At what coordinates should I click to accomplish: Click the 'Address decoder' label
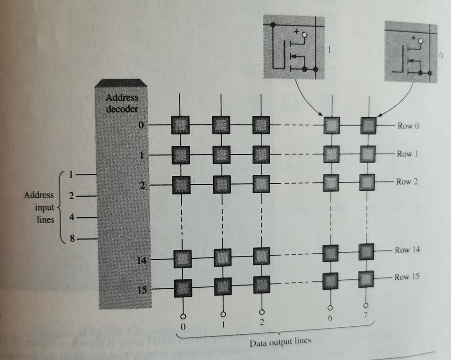[122, 104]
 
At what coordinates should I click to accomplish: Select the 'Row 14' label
[407, 250]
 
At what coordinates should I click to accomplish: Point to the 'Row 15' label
[407, 277]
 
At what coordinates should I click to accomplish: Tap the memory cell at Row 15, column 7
[367, 279]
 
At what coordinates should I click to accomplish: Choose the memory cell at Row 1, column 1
[221, 153]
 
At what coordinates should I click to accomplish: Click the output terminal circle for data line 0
[184, 315]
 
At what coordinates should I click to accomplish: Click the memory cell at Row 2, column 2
[261, 182]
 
